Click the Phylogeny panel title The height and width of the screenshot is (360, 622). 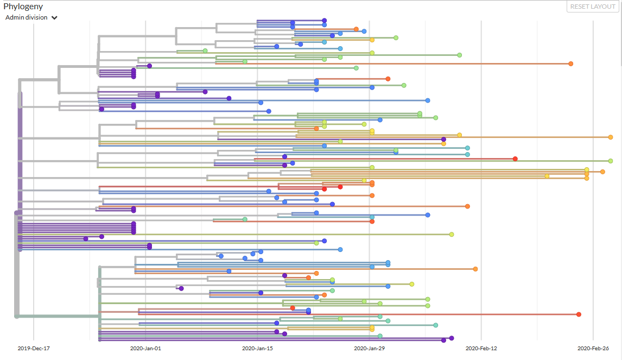click(23, 7)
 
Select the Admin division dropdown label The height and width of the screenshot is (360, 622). click(26, 17)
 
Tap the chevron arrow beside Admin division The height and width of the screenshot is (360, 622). click(55, 18)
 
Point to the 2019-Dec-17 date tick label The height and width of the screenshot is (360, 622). click(34, 348)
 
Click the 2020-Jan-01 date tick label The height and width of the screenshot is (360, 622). click(145, 348)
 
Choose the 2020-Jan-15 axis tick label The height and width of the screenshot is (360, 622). click(257, 348)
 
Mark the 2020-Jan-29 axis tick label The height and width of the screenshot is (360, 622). click(369, 348)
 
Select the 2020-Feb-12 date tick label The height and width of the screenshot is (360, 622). click(481, 348)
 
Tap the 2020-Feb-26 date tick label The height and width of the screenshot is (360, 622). click(593, 348)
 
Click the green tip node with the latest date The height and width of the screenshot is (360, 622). click(611, 161)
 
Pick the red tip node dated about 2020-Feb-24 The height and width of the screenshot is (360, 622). click(579, 314)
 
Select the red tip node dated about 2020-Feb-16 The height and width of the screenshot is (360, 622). click(515, 159)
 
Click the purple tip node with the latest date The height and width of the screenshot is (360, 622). click(452, 338)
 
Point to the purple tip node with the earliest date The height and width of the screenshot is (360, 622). click(86, 238)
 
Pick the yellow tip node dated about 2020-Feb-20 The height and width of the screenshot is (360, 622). click(547, 176)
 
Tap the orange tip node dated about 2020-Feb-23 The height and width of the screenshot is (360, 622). click(571, 64)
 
